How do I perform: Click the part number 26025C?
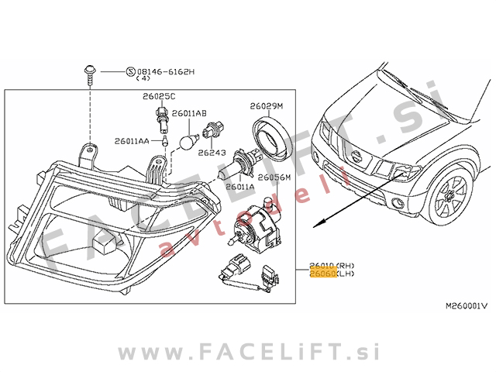[x=159, y=96]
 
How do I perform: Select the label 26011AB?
[x=188, y=113]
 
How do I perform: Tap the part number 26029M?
[x=267, y=105]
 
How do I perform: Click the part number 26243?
[x=212, y=153]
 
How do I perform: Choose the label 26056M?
[x=274, y=177]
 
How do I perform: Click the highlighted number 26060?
[x=322, y=274]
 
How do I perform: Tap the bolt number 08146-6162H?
[x=167, y=71]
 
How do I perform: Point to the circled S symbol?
[x=130, y=71]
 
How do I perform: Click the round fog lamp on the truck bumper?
[x=398, y=205]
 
